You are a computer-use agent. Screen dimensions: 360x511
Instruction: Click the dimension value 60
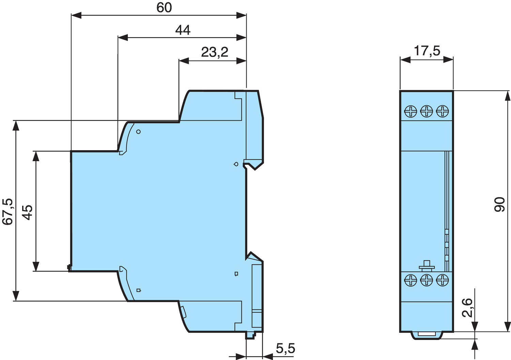[164, 8]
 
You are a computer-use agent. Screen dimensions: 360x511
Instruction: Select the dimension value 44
[183, 30]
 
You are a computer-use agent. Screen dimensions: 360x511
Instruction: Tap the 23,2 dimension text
[214, 52]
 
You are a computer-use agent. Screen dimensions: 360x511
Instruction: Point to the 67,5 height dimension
[8, 211]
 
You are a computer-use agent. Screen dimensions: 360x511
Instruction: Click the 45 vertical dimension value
[28, 212]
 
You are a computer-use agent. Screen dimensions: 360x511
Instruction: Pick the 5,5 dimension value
[285, 349]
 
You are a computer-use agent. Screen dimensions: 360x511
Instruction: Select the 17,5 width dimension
[427, 51]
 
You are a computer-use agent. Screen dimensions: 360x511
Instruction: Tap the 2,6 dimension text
[467, 308]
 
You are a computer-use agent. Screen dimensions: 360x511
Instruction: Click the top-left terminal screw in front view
[411, 111]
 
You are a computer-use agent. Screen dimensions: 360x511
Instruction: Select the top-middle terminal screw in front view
[427, 111]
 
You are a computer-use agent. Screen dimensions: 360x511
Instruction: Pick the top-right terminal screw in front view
[443, 111]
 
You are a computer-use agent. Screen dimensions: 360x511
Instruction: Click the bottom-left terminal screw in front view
[411, 280]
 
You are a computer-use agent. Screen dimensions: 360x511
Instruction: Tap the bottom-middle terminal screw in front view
[427, 280]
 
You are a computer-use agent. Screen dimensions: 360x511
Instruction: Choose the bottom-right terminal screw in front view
[443, 280]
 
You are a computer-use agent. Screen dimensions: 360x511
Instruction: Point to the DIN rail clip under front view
[427, 335]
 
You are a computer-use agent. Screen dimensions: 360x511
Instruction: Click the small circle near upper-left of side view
[138, 132]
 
